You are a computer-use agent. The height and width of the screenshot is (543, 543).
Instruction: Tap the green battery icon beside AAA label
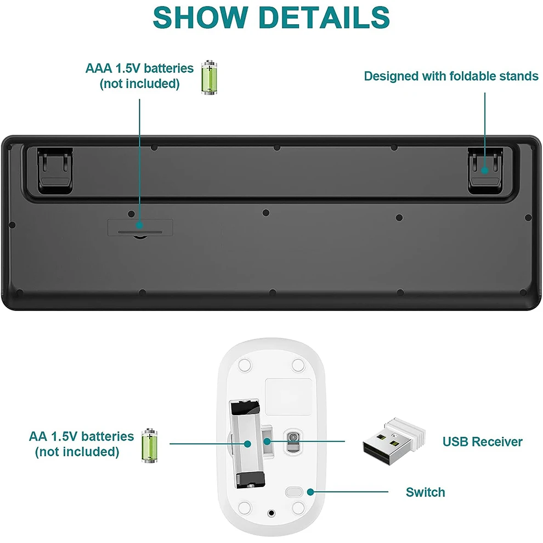click(x=208, y=77)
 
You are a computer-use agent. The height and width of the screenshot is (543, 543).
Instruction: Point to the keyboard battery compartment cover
click(x=140, y=227)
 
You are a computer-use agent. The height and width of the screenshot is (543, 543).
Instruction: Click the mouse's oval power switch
click(x=296, y=491)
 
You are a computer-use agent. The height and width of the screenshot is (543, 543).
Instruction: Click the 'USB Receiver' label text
click(x=483, y=442)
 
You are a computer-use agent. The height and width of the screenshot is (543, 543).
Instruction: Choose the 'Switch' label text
click(x=425, y=492)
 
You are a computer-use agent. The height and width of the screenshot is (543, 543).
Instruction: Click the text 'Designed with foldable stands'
click(x=451, y=76)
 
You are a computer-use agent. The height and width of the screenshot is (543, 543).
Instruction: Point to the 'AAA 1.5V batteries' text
click(x=139, y=69)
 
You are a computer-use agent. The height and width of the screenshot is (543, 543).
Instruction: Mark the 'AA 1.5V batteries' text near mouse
click(x=81, y=437)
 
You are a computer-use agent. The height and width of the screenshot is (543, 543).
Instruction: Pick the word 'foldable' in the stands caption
click(x=471, y=76)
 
